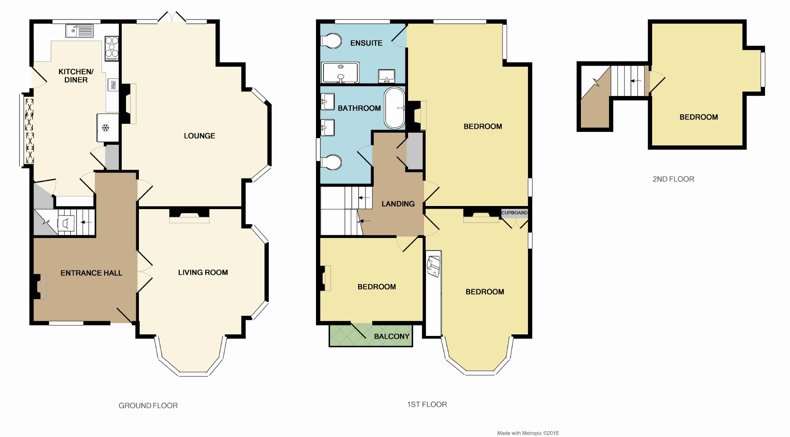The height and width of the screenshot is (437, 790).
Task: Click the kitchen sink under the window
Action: coord(79,31)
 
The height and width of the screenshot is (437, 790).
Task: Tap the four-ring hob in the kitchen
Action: coord(112,48)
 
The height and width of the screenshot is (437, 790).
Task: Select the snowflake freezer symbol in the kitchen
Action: coord(105,127)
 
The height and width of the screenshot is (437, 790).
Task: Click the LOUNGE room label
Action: coord(199,136)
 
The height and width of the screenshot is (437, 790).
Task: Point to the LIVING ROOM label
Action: coord(203,272)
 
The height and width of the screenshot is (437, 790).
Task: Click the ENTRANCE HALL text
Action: coord(91,273)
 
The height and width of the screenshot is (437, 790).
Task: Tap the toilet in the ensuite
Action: coord(331,41)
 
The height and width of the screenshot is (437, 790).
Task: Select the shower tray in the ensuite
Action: coord(340,73)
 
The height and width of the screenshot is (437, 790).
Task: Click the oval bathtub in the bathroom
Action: coord(395,108)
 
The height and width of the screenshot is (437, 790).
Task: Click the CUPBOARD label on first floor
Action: coord(514,213)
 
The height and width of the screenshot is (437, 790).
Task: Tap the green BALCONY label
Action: coord(392,336)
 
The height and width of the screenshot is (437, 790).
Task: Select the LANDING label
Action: coord(398,204)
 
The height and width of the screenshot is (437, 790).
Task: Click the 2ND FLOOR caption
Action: coord(673,179)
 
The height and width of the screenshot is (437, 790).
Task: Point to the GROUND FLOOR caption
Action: coord(148,406)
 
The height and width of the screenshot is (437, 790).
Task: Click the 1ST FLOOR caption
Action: coord(427,405)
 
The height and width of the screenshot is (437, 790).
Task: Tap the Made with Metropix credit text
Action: coord(528,433)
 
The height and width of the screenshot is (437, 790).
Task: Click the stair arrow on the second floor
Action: coord(636,81)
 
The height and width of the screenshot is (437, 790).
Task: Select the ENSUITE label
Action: coord(366,43)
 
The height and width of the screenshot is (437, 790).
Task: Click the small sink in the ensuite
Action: coord(387,76)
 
